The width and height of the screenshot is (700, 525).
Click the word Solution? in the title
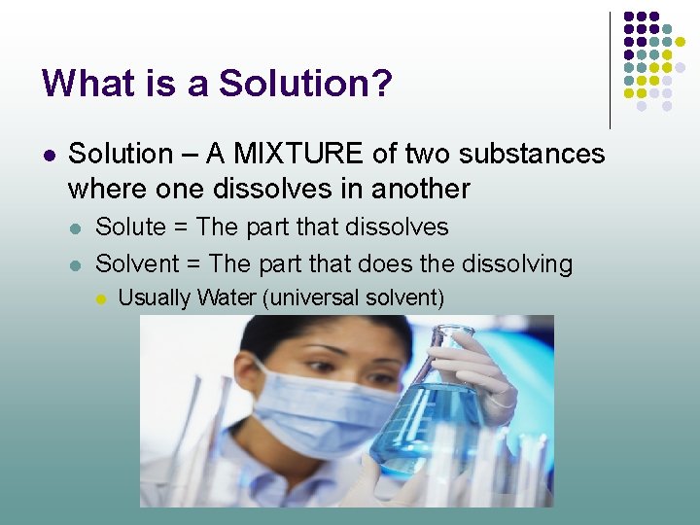tap(305, 84)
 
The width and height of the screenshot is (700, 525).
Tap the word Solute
tap(130, 227)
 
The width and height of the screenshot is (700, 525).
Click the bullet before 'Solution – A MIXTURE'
tap(49, 155)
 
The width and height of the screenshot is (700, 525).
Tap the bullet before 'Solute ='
tap(76, 228)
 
